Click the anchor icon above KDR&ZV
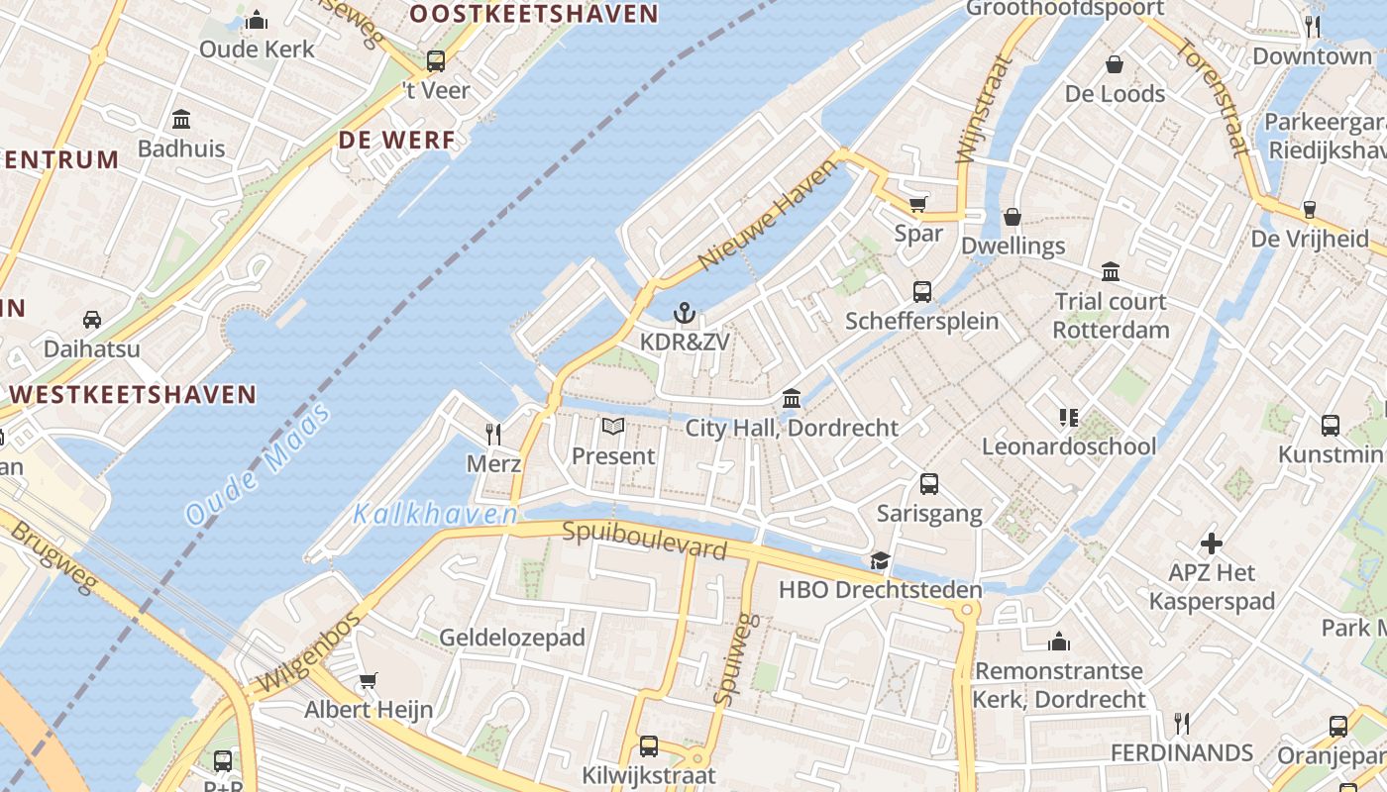[x=684, y=315]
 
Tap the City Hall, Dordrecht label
[x=792, y=428]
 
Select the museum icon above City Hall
[x=792, y=399]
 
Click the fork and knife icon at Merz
[x=493, y=434]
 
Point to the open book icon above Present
[x=613, y=427]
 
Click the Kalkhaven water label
[x=436, y=515]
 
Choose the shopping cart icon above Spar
[x=918, y=204]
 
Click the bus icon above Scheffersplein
[x=922, y=291]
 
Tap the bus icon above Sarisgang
[x=929, y=484]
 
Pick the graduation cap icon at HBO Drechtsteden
[x=880, y=561]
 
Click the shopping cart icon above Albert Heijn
[x=369, y=680]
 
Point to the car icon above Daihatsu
[x=92, y=319]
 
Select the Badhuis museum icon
[x=181, y=120]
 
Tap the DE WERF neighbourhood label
[x=396, y=141]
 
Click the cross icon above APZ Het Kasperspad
[x=1211, y=544]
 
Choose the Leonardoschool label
[x=1068, y=446]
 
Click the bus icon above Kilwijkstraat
[x=649, y=745]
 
